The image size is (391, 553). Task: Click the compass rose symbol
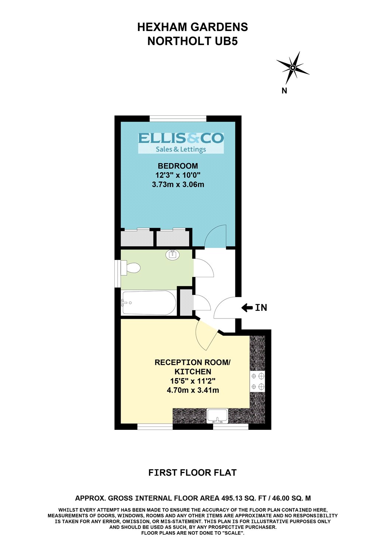[x=293, y=67]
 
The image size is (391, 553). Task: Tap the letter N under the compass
[x=284, y=91]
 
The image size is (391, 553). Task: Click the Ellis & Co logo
[x=181, y=143]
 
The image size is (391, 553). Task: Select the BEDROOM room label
[x=178, y=166]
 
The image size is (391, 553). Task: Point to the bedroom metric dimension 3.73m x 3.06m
[x=178, y=184]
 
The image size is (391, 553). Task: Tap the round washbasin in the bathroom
[x=172, y=254]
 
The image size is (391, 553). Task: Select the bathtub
[x=149, y=303]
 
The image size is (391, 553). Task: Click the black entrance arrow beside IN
[x=247, y=307]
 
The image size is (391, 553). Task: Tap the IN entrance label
[x=261, y=307]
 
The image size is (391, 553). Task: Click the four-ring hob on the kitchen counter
[x=258, y=382]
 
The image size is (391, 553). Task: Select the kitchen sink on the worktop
[x=217, y=416]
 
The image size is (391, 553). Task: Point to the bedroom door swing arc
[x=215, y=236]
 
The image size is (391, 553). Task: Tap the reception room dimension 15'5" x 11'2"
[x=193, y=381]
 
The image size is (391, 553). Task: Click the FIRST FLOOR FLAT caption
[x=192, y=473]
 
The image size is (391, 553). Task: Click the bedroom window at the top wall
[x=178, y=118]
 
